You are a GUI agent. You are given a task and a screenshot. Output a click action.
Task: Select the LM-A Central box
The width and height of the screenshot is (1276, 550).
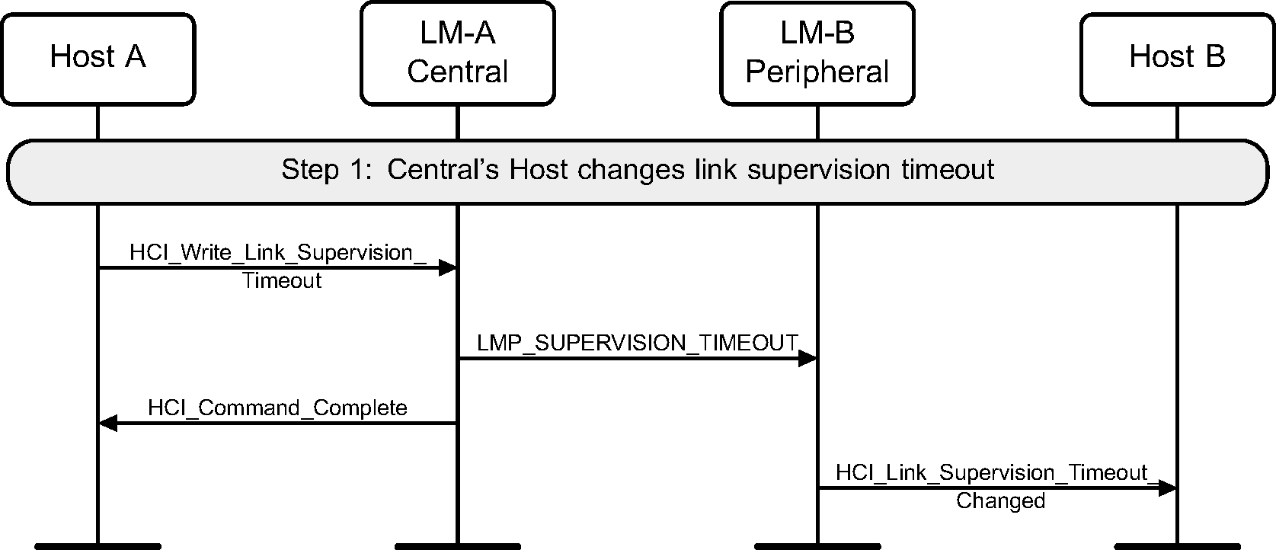(x=457, y=53)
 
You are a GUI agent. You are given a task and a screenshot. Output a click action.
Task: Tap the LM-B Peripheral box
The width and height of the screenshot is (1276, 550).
(x=817, y=53)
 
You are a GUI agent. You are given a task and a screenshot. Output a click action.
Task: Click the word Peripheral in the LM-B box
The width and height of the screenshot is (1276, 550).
(x=817, y=72)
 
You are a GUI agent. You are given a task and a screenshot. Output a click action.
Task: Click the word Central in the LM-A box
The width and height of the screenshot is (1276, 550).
(x=457, y=72)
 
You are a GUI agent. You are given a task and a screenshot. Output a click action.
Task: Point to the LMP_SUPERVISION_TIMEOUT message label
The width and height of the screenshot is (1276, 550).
(x=637, y=343)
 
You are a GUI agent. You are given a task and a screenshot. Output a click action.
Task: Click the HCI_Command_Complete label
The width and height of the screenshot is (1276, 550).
(x=277, y=408)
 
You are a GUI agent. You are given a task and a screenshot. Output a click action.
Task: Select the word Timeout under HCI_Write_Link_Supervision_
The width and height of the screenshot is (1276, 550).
(x=282, y=281)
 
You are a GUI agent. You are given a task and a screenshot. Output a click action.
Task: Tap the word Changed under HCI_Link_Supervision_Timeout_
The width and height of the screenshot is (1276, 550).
(x=1000, y=501)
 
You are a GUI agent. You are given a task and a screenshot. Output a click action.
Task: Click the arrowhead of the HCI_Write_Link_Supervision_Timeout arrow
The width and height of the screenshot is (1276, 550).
(x=447, y=267)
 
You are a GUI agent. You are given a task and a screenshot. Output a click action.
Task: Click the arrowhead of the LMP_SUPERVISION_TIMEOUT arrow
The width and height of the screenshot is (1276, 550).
(x=807, y=359)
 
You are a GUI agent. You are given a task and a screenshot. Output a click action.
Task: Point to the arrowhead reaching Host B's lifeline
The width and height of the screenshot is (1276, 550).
(x=1167, y=488)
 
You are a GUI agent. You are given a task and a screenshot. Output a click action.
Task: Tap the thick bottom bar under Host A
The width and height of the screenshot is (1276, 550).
(x=98, y=545)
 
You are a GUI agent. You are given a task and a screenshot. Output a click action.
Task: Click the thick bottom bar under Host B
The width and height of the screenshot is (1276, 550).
(x=1177, y=545)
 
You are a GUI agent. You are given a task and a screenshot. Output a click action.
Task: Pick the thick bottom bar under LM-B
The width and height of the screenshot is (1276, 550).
(x=817, y=545)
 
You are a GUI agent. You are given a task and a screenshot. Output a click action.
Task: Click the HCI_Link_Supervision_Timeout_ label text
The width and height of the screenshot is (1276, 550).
(x=993, y=473)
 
